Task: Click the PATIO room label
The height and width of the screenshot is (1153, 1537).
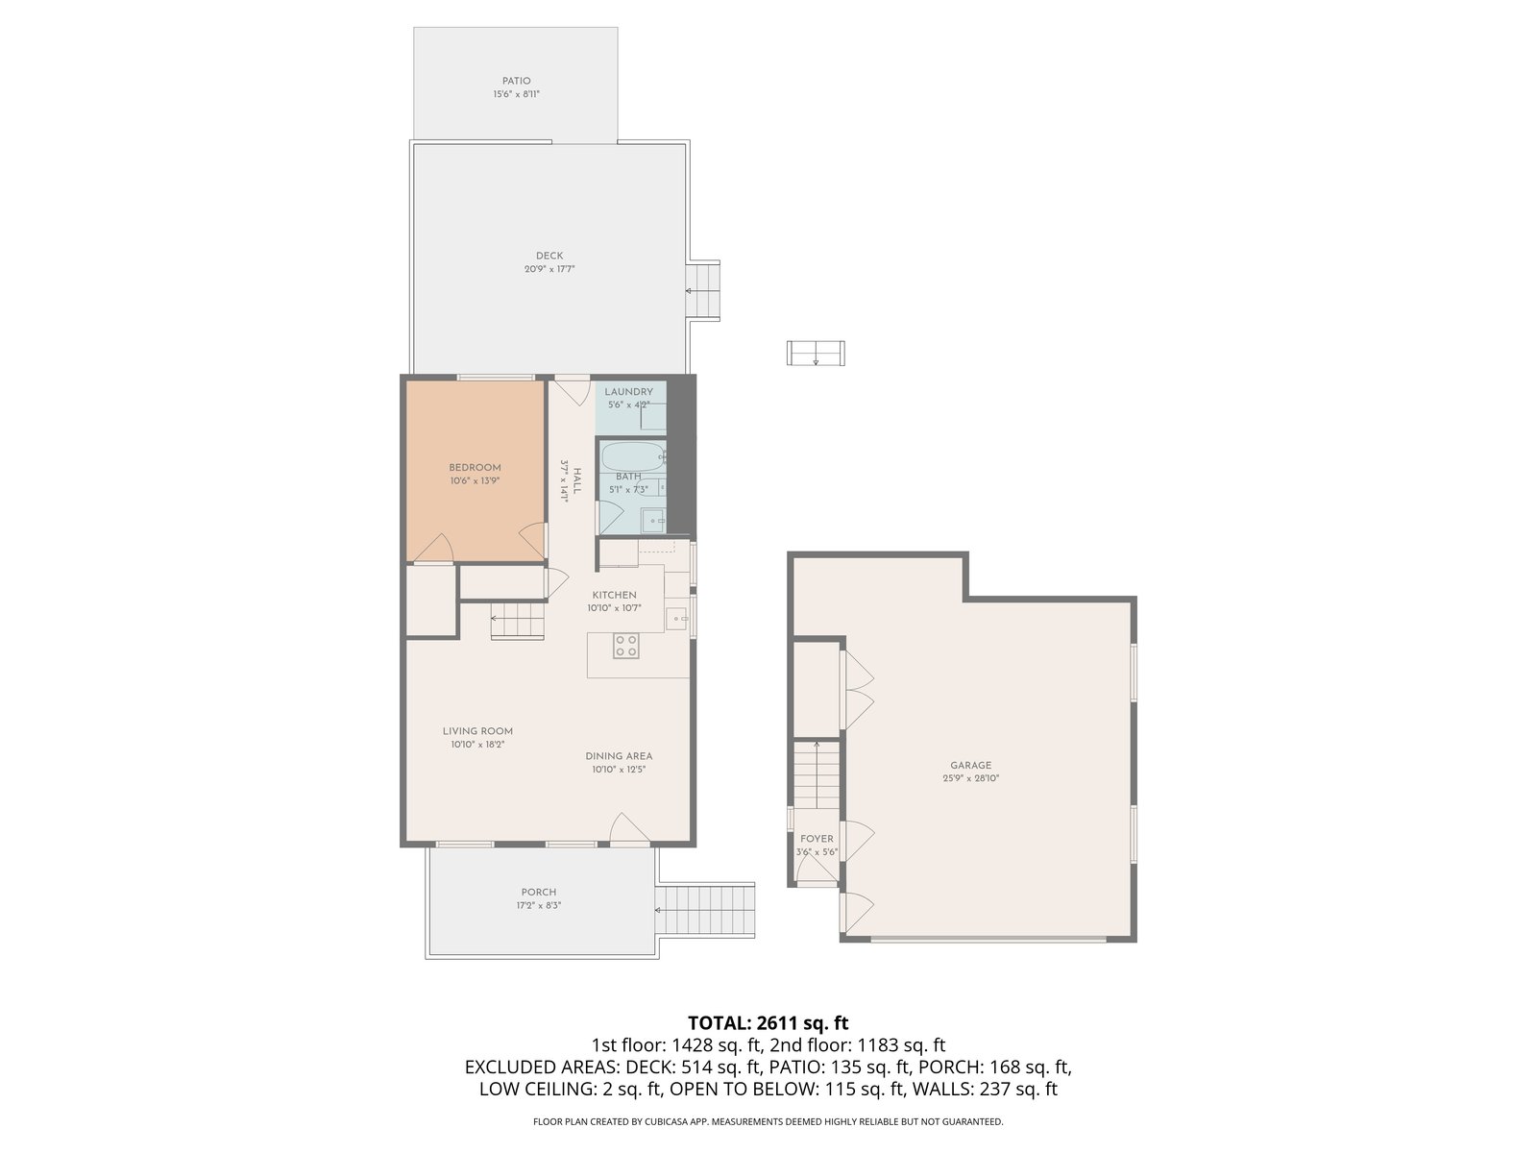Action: tap(516, 82)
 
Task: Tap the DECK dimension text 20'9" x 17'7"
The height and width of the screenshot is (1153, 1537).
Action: tap(549, 269)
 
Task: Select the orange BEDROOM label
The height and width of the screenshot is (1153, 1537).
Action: tap(475, 468)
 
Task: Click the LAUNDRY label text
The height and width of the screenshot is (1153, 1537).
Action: tap(629, 392)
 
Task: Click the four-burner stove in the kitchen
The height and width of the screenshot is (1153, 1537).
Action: tap(626, 646)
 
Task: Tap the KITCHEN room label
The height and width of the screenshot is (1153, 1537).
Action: tap(614, 595)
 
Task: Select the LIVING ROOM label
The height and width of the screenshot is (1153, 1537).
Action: tap(477, 731)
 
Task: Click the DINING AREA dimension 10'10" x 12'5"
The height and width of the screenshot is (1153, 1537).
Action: tap(619, 770)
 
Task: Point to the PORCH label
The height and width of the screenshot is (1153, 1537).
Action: tap(539, 893)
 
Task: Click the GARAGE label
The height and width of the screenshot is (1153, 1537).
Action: tap(970, 766)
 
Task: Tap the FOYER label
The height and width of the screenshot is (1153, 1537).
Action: tap(817, 839)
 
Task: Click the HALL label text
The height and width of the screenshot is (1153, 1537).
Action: tap(577, 481)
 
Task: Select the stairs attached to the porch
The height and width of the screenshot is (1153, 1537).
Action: tap(705, 910)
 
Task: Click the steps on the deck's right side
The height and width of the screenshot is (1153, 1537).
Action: tap(702, 291)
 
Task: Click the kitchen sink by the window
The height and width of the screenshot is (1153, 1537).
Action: tap(676, 618)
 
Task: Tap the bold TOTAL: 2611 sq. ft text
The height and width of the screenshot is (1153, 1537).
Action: tap(768, 1022)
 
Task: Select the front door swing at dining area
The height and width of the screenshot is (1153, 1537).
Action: tap(628, 828)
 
